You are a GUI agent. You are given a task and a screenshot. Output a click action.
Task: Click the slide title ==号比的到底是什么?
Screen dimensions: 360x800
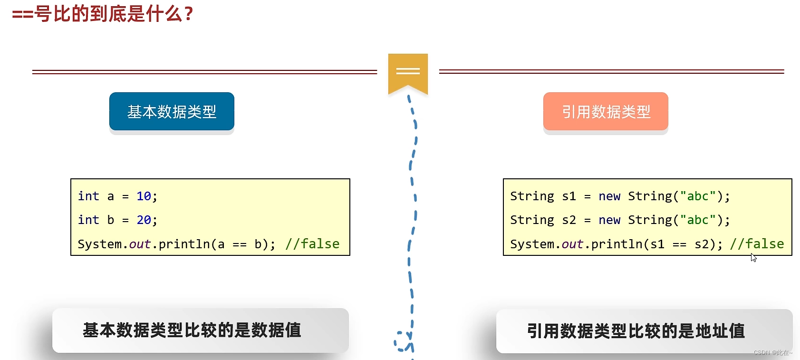coord(103,14)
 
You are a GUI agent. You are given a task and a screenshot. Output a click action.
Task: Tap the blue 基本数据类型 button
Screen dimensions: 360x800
coord(172,111)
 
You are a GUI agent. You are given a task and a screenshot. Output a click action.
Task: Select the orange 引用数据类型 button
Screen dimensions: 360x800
coord(606,111)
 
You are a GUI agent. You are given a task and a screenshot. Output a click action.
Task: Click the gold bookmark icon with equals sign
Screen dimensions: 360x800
coord(408,72)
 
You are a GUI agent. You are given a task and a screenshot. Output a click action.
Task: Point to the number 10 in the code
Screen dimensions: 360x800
coord(144,196)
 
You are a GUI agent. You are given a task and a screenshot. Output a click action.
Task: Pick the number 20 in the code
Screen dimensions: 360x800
coord(144,220)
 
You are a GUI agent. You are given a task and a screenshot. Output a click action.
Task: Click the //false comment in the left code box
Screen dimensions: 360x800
coord(312,244)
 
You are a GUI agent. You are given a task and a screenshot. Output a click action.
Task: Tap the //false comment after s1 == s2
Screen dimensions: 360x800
coord(757,244)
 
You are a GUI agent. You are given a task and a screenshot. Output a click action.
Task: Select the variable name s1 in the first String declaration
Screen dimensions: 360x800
coord(569,196)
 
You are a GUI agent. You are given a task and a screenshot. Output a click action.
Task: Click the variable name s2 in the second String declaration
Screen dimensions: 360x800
coord(569,220)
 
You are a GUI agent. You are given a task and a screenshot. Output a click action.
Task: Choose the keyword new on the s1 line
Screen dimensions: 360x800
coord(609,196)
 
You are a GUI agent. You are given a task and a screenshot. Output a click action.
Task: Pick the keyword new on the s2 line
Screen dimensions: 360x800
coord(609,220)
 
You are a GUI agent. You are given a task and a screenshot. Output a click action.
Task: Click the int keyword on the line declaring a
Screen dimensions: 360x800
coord(88,196)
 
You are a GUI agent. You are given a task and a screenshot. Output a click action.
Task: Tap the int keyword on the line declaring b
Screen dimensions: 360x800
coord(88,220)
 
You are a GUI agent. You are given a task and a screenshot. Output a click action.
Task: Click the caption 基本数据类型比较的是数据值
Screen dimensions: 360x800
coord(192,330)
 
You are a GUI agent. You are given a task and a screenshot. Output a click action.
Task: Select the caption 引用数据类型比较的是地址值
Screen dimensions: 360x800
coord(636,331)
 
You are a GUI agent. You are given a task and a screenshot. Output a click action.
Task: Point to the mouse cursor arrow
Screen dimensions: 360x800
coord(753,257)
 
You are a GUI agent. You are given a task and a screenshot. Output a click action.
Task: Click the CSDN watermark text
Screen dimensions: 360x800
coord(772,353)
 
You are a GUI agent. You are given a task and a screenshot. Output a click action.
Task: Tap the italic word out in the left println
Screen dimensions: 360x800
coord(140,244)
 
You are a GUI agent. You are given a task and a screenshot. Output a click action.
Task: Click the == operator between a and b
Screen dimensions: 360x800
coord(240,244)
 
